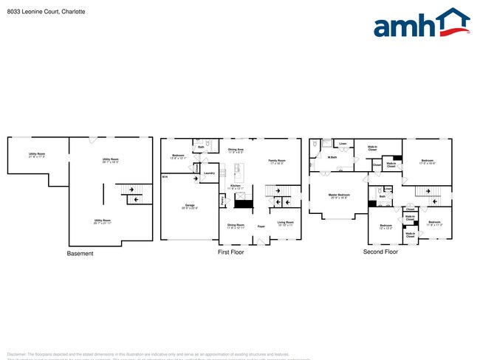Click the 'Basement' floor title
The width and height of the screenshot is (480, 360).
click(x=80, y=254)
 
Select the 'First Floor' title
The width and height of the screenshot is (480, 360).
click(x=230, y=252)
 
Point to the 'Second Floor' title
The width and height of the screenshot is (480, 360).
click(x=380, y=252)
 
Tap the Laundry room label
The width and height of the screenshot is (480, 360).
click(x=209, y=174)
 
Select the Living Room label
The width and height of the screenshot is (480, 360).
click(x=285, y=222)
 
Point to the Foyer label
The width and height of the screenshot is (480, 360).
click(x=261, y=226)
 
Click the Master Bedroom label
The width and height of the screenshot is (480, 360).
click(x=339, y=195)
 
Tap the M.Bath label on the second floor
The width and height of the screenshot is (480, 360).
click(x=332, y=156)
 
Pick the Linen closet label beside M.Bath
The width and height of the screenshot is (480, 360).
click(x=343, y=143)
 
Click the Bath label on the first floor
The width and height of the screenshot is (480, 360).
click(x=201, y=147)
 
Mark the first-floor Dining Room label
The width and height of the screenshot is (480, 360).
click(x=236, y=225)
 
